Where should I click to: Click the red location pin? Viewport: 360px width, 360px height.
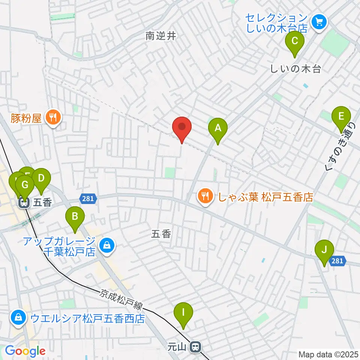pos(182,128)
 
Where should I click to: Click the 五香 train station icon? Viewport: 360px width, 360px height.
pos(25,202)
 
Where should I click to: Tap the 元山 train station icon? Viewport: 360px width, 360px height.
pos(195,347)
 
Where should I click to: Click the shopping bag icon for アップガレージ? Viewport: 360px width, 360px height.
pos(107,246)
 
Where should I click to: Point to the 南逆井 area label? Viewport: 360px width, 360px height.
pos(160,36)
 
